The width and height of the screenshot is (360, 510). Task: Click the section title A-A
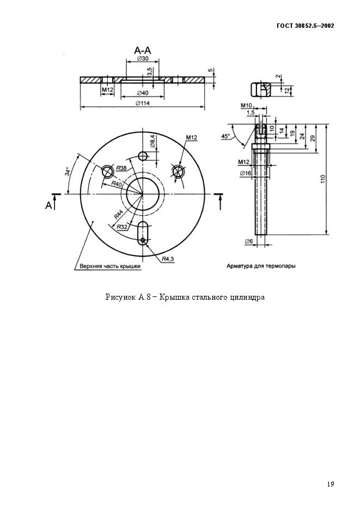(143, 51)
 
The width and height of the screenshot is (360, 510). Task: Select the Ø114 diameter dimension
(143, 103)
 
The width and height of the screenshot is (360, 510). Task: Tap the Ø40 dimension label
(143, 93)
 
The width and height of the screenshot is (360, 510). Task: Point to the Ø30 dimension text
(143, 58)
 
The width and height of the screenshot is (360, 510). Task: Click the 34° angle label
(68, 172)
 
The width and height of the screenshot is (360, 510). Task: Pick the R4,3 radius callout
(168, 258)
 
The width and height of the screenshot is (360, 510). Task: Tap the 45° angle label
(225, 136)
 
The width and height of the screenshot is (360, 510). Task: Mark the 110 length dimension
(322, 179)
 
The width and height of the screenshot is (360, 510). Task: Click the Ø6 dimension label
(249, 241)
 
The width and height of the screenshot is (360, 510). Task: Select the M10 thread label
(246, 105)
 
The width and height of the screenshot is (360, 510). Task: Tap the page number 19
(331, 484)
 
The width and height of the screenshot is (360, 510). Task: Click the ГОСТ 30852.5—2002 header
(306, 26)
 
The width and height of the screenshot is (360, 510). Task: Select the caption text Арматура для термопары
(261, 266)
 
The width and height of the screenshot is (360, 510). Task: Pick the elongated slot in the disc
(143, 233)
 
